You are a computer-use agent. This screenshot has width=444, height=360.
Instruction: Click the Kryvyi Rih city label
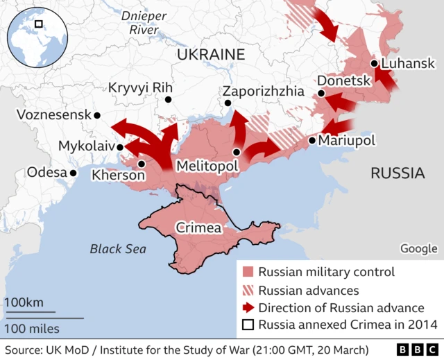140,88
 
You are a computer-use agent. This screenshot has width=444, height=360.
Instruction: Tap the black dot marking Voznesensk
97,115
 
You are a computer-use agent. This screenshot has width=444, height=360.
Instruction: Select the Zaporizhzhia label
263,91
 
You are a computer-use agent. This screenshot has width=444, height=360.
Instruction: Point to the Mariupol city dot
312,141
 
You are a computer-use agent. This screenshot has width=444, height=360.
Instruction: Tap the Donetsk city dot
321,94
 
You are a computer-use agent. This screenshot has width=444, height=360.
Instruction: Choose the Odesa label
46,172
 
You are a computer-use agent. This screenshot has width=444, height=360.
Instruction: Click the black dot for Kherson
142,164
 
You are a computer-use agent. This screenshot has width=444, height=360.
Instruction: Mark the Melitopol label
207,166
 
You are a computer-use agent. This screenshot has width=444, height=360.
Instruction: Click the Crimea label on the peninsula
198,228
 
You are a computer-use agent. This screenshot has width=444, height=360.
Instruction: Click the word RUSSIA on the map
398,173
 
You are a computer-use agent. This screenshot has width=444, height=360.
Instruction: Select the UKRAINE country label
211,55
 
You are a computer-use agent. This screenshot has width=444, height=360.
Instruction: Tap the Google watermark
419,248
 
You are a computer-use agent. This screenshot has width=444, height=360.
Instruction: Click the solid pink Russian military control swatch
248,272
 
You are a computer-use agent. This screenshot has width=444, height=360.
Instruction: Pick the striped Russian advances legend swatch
248,290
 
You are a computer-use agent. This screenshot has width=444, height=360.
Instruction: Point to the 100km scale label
25,302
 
